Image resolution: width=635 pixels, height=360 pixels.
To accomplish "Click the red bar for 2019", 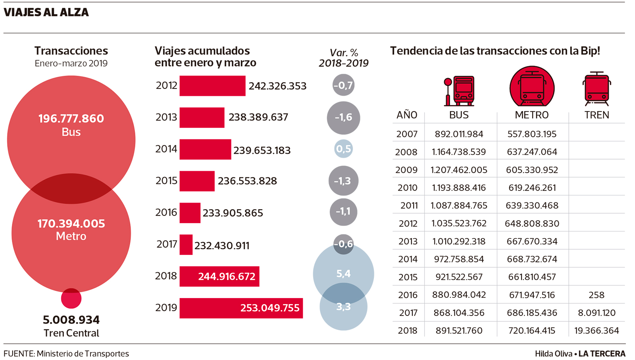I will [241, 308].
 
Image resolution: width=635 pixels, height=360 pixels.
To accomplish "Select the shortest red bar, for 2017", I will [186, 244].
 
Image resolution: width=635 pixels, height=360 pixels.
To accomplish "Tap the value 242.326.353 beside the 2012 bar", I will [277, 86].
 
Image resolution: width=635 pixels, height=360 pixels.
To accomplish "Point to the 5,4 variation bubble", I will [343, 273].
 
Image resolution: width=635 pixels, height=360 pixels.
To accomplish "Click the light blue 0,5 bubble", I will [343, 149].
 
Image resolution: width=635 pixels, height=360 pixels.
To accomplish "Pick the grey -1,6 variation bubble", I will [343, 117].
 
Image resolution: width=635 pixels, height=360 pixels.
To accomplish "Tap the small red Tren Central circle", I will [71, 298].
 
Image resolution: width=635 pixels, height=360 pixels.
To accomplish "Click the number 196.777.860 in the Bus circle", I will [71, 118].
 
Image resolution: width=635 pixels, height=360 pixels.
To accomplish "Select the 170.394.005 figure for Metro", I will [71, 223].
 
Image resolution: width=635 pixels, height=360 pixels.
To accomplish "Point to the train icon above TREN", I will [597, 89].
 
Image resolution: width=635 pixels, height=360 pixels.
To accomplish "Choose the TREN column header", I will [597, 115].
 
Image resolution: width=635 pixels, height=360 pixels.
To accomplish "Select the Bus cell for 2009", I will [459, 170].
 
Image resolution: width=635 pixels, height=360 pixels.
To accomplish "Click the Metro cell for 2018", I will [532, 331].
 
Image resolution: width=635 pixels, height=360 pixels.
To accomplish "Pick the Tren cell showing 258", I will [597, 295].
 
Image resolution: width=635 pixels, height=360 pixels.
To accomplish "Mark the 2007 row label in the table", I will [407, 134].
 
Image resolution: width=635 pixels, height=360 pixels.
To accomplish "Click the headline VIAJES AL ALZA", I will [46, 12].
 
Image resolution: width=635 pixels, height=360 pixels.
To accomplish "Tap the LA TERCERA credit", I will [602, 354].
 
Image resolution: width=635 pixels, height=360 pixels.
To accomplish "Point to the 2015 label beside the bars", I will [166, 181].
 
